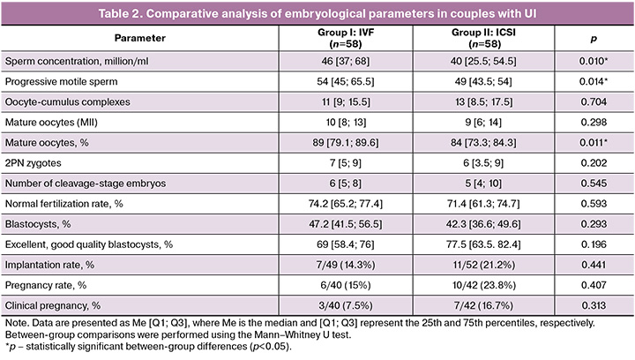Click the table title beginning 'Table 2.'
[x=317, y=13]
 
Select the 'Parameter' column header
[x=139, y=38]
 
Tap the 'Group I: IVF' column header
[x=346, y=38]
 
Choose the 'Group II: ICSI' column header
[x=483, y=38]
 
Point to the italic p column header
[x=594, y=39]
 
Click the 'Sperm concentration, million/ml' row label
[x=77, y=61]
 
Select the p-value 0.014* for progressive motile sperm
[x=594, y=81]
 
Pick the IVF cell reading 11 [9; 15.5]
[x=346, y=101]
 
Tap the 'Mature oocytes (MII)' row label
[x=51, y=123]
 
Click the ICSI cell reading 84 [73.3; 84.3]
[x=483, y=143]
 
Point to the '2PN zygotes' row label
[x=34, y=162]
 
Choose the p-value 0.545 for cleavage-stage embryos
[x=594, y=183]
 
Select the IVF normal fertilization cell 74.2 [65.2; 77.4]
[x=346, y=204]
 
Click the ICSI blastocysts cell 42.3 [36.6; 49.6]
[x=483, y=224]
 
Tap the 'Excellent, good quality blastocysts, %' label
[x=89, y=244]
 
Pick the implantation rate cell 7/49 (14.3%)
[x=346, y=265]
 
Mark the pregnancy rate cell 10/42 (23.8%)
[x=484, y=285]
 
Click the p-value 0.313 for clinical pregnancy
[x=594, y=305]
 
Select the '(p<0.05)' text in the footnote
[x=270, y=347]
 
